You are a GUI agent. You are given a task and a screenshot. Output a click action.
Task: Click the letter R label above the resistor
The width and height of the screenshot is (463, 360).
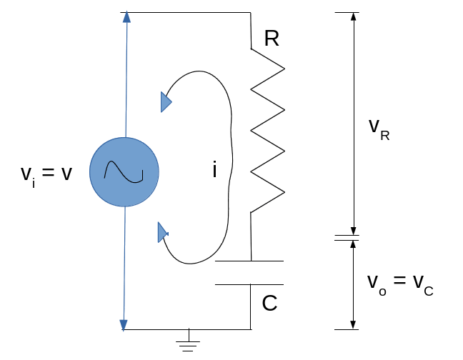[271, 39]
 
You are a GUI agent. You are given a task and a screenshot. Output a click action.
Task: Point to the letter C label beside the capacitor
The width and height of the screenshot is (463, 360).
[269, 304]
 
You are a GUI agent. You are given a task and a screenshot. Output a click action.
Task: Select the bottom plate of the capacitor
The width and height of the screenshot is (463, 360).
[249, 284]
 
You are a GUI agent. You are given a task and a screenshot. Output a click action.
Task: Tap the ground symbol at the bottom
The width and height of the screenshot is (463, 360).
[189, 344]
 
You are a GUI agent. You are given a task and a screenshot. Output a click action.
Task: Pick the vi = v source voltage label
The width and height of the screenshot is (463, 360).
[46, 174]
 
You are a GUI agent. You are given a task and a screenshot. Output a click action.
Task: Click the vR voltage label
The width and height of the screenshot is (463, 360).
[379, 128]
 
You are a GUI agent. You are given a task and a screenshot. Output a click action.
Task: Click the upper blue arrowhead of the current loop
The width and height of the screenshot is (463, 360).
[166, 103]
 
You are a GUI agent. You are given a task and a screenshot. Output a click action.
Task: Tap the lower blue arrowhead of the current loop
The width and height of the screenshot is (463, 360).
[162, 232]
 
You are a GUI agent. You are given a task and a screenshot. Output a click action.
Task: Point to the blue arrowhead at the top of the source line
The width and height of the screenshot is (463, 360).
[126, 16]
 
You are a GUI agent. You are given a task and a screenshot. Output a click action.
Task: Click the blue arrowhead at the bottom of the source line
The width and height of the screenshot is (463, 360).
[124, 325]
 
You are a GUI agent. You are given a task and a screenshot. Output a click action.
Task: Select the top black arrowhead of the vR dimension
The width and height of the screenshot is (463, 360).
[352, 17]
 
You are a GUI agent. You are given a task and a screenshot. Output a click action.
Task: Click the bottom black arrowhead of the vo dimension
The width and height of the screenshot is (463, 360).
[352, 324]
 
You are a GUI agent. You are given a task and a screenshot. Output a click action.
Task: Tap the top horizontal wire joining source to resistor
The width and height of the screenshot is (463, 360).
[189, 12]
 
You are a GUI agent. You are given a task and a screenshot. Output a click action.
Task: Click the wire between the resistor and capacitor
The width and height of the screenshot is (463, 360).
[251, 236]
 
